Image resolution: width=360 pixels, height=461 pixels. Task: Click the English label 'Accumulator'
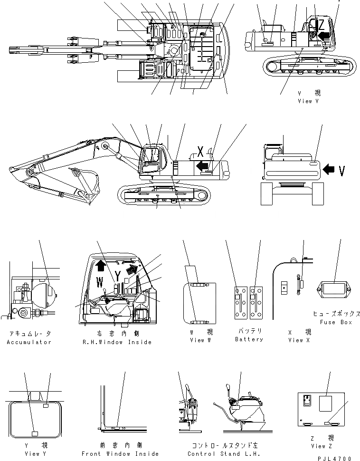[29, 342]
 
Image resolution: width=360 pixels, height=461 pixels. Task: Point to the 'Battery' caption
[249, 339]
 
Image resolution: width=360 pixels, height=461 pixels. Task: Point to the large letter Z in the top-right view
[322, 24]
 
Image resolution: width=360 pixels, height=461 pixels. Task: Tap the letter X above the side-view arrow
[201, 152]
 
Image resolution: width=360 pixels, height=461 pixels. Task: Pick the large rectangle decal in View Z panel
[326, 403]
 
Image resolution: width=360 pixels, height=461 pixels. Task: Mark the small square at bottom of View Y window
[34, 433]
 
